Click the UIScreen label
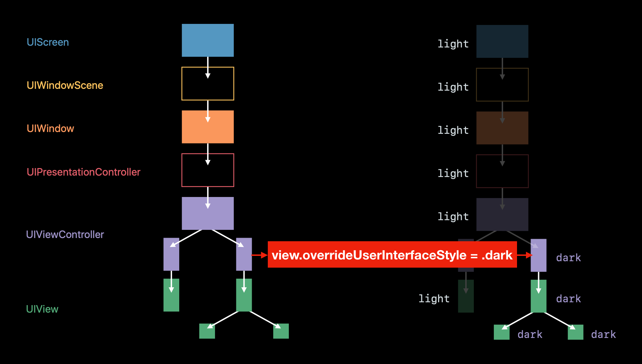(x=48, y=42)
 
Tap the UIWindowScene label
(x=65, y=85)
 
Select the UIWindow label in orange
(x=50, y=128)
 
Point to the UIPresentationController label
(x=84, y=172)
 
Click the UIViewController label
(x=65, y=234)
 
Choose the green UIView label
(x=42, y=309)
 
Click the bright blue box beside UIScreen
(x=208, y=40)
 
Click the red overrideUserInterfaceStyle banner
(x=392, y=255)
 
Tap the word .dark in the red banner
(x=497, y=255)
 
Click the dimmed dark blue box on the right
(x=502, y=41)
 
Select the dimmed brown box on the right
(x=502, y=128)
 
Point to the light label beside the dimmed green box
(x=434, y=298)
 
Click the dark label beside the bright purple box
(x=568, y=258)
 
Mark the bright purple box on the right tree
(x=538, y=256)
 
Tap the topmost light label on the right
(x=453, y=44)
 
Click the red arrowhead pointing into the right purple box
(x=529, y=255)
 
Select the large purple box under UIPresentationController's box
(x=208, y=213)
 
